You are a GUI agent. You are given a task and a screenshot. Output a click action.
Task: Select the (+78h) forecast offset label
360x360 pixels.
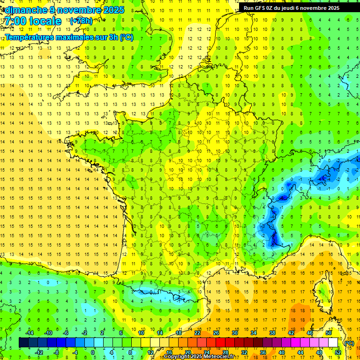coord(81,21)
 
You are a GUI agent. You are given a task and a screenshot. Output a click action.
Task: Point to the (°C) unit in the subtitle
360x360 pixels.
coord(127,37)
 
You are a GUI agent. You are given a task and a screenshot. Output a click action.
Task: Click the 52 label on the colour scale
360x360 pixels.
coord(337,352)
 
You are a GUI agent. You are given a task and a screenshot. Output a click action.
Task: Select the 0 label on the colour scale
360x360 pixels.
coord(93,352)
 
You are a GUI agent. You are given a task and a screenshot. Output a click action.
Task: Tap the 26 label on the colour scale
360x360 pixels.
coord(216,332)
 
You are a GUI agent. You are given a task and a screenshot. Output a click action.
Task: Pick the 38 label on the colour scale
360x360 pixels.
coord(272,332)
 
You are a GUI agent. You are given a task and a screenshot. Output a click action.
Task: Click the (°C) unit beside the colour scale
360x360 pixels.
coord(349,343)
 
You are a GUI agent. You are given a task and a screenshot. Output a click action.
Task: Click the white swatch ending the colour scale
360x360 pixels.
coord(333,342)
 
